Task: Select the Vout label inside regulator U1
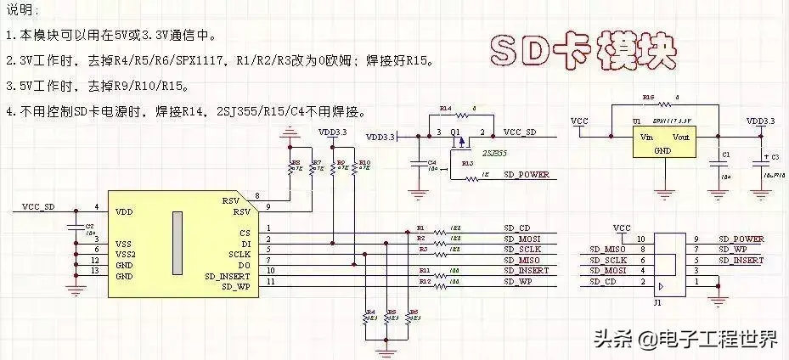[684, 137]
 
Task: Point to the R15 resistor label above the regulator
[648, 98]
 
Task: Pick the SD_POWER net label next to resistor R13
[526, 174]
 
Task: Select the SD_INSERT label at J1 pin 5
[741, 260]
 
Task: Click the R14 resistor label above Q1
[446, 109]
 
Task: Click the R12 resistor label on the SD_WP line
[423, 279]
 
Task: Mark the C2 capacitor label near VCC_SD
[90, 227]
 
